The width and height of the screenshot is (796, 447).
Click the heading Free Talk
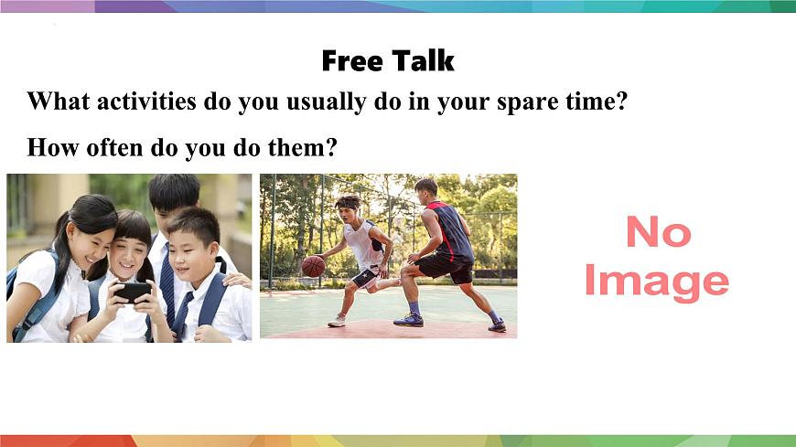[x=388, y=61]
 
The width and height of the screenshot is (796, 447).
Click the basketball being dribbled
[x=314, y=266]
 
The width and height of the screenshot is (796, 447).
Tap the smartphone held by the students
[x=133, y=292]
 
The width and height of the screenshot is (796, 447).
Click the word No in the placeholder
[x=657, y=233]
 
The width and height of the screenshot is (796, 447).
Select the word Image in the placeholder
[x=656, y=280]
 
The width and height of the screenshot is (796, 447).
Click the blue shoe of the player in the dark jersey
[x=409, y=319]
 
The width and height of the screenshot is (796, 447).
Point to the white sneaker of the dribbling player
[x=337, y=320]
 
